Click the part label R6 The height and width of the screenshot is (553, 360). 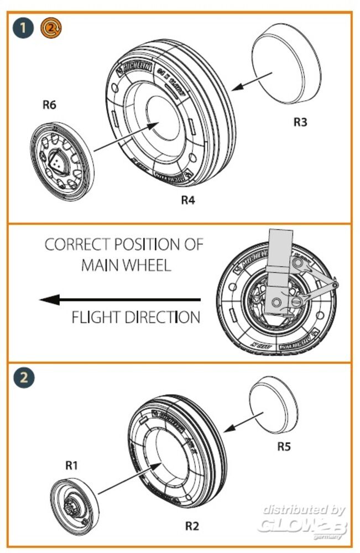pyautogui.click(x=49, y=104)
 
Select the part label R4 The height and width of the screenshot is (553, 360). pyautogui.click(x=188, y=200)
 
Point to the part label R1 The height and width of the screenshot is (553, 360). pyautogui.click(x=71, y=466)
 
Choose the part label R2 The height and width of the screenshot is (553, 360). pyautogui.click(x=191, y=526)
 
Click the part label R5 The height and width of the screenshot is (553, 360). pyautogui.click(x=284, y=446)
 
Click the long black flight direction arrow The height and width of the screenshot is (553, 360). pyautogui.click(x=119, y=300)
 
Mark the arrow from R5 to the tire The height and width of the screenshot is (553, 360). pyautogui.click(x=239, y=425)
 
